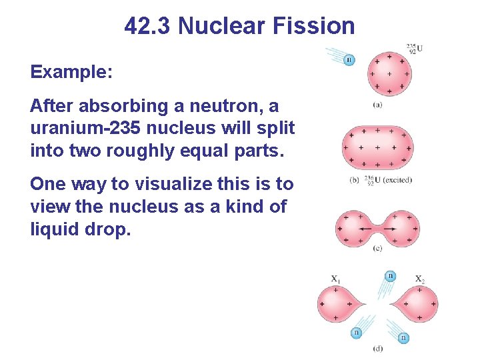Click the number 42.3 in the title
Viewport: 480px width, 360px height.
click(x=148, y=26)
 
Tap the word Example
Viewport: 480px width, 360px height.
click(x=71, y=71)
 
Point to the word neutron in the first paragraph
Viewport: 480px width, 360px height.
click(x=223, y=106)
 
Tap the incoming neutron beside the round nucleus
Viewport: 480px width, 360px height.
click(x=349, y=60)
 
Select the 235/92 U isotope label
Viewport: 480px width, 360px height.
click(x=415, y=49)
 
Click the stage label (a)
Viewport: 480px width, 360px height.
click(x=377, y=104)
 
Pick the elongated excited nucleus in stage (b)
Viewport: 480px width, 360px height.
click(x=377, y=147)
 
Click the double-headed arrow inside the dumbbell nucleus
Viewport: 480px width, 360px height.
click(x=377, y=228)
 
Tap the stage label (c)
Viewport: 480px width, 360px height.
click(x=377, y=249)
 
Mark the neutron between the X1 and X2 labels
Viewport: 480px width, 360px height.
click(x=390, y=276)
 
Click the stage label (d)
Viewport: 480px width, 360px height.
click(x=378, y=348)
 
